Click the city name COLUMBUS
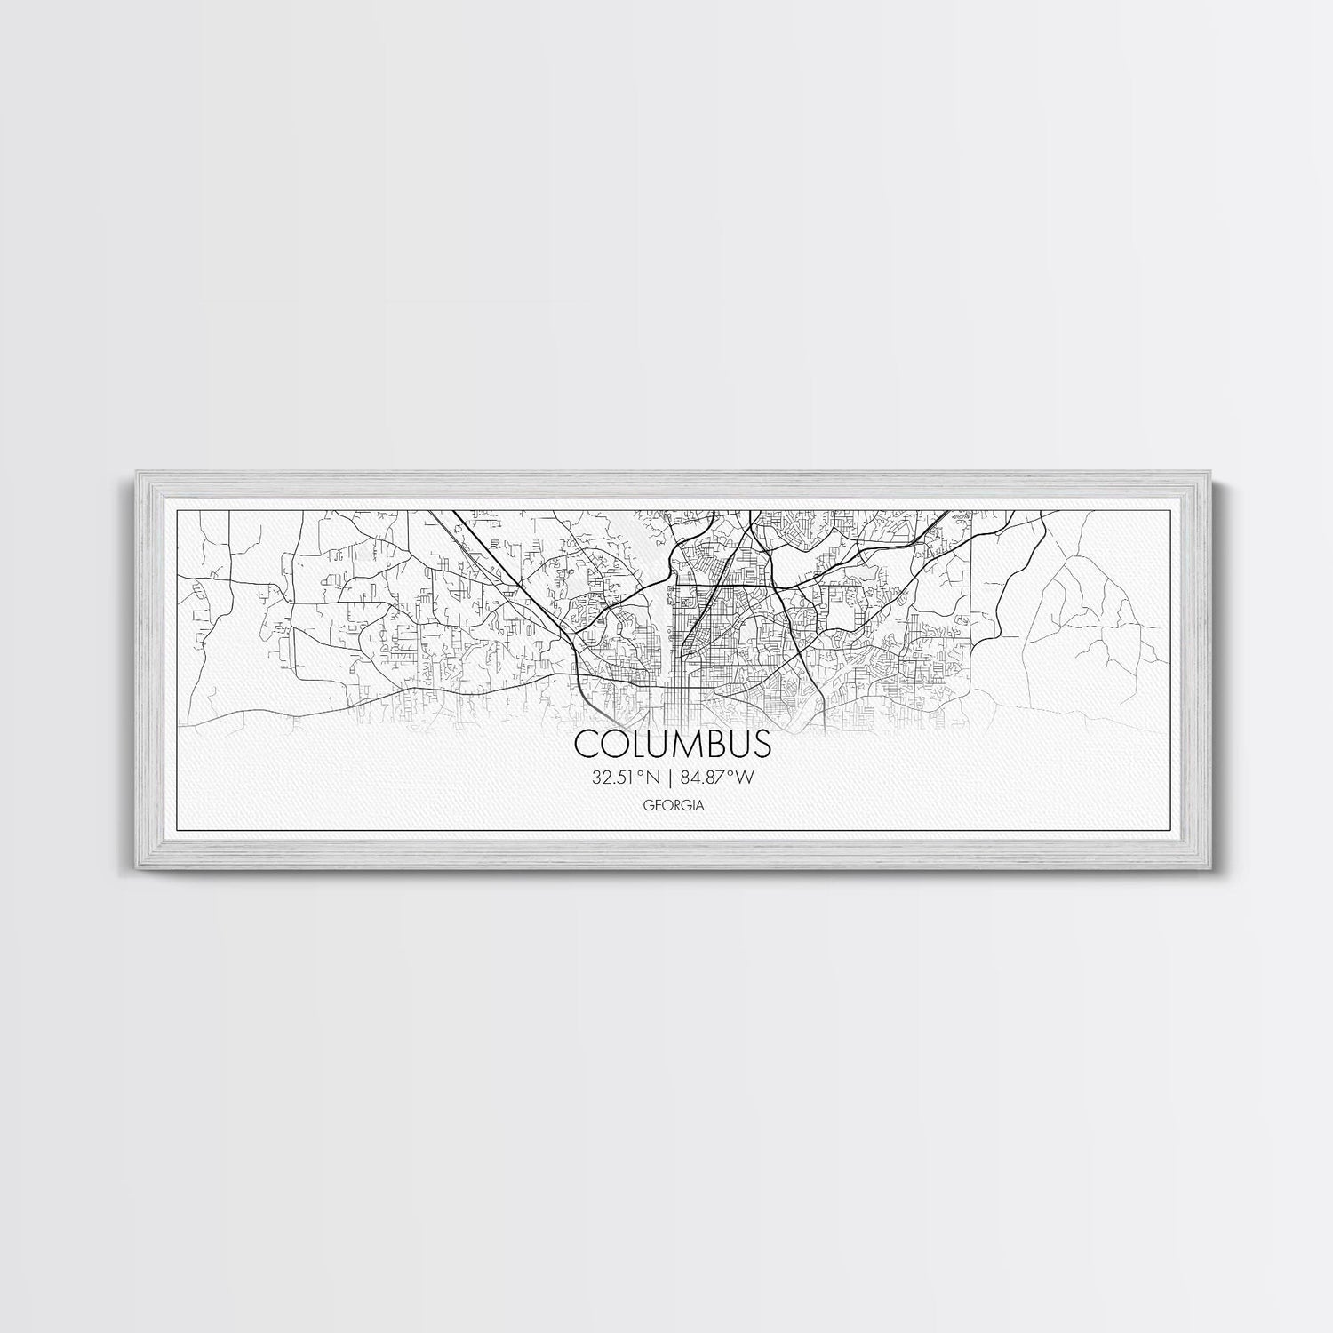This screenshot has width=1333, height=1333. (674, 744)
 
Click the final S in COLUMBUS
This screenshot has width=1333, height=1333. (762, 744)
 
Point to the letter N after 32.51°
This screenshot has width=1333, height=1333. (653, 778)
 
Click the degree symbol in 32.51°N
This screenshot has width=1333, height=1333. (641, 773)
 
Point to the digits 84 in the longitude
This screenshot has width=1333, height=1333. (690, 778)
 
